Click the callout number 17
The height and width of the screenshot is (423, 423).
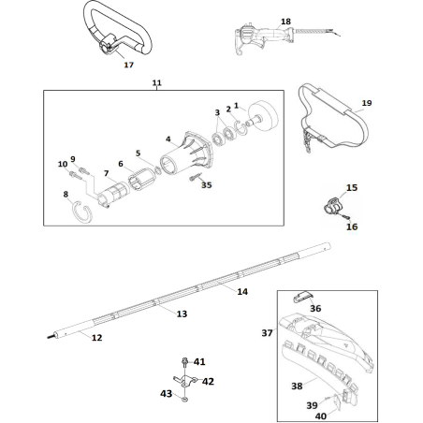[128, 66]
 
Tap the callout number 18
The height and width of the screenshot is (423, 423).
[260, 21]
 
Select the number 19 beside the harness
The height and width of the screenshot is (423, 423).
[366, 103]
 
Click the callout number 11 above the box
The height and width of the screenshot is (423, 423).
[156, 83]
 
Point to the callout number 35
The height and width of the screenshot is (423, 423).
[206, 185]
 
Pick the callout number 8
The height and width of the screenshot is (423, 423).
[65, 194]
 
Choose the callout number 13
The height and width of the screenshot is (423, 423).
[182, 314]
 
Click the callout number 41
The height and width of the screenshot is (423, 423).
[199, 360]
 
